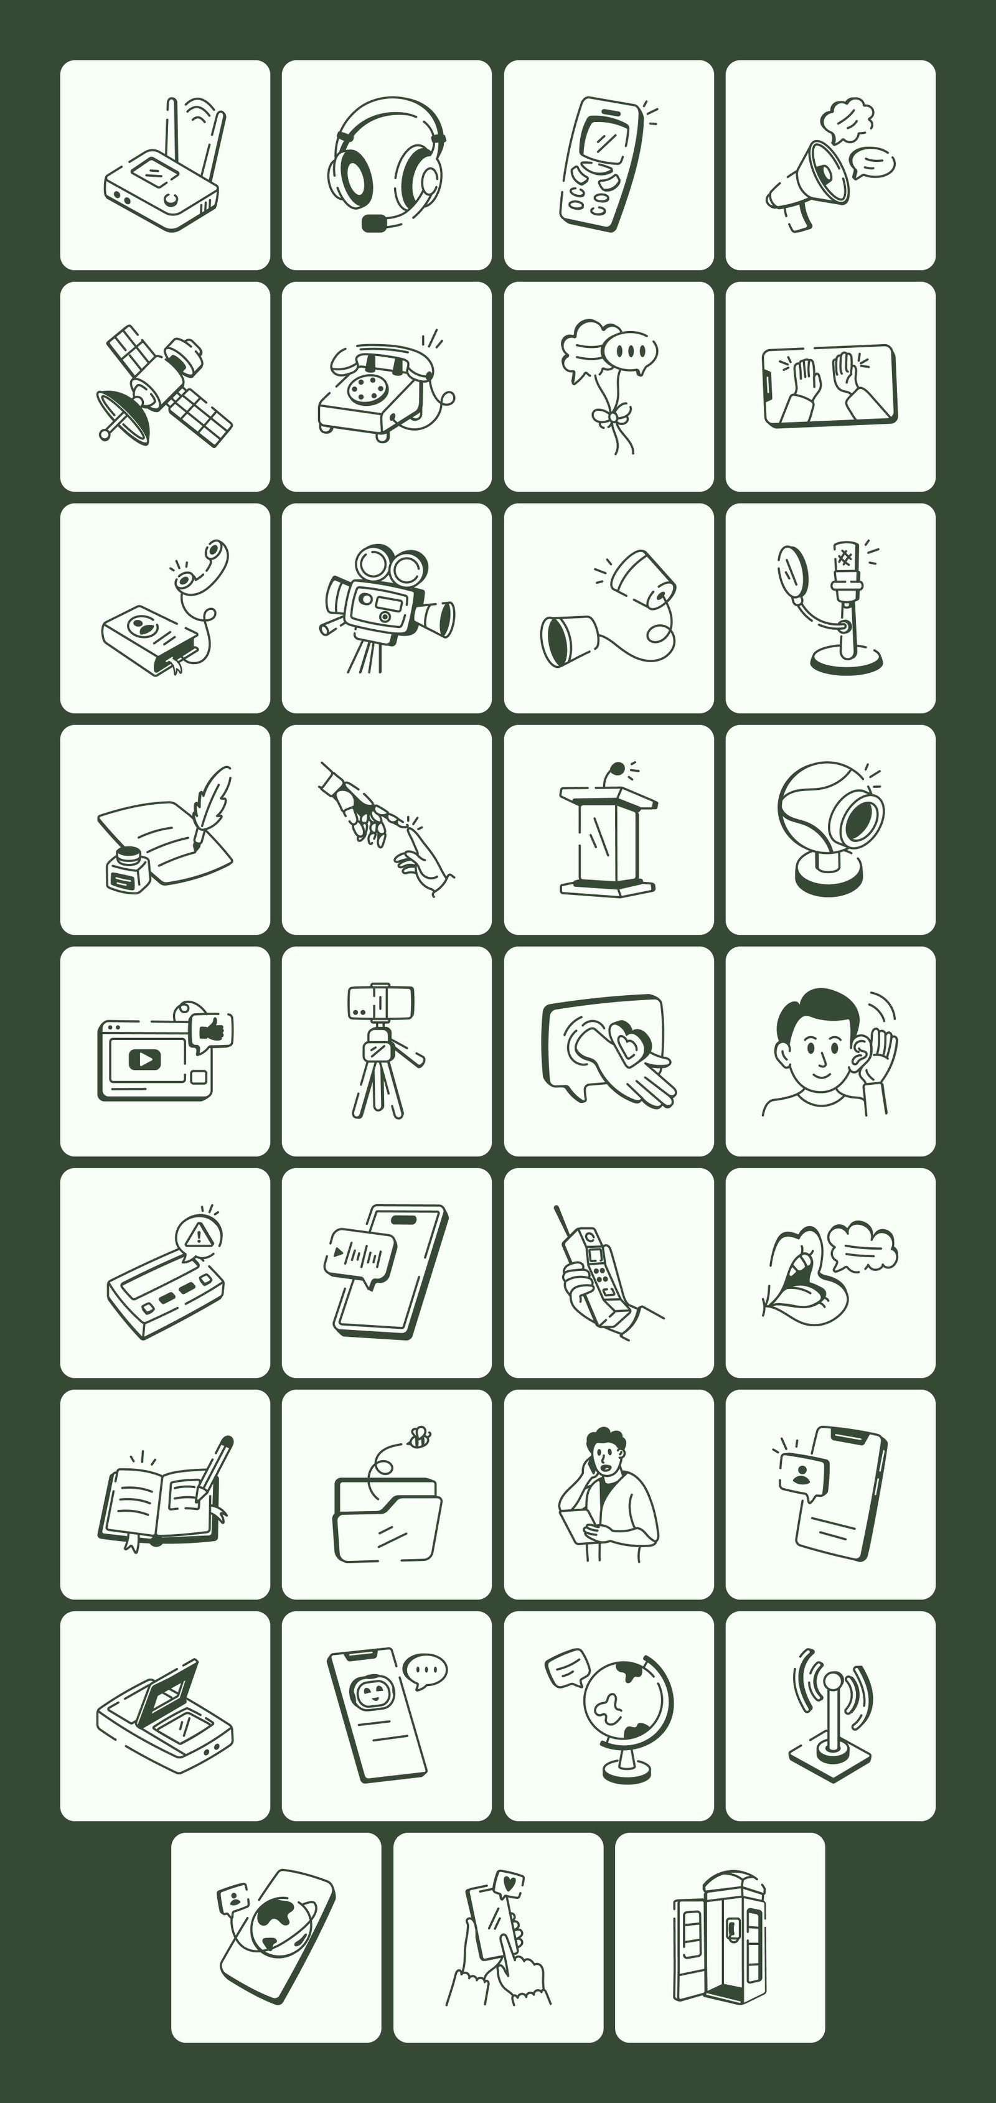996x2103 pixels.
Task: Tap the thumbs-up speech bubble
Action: tap(210, 1029)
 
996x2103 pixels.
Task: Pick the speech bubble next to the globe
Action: tap(566, 1666)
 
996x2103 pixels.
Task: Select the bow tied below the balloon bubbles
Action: tap(608, 418)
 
